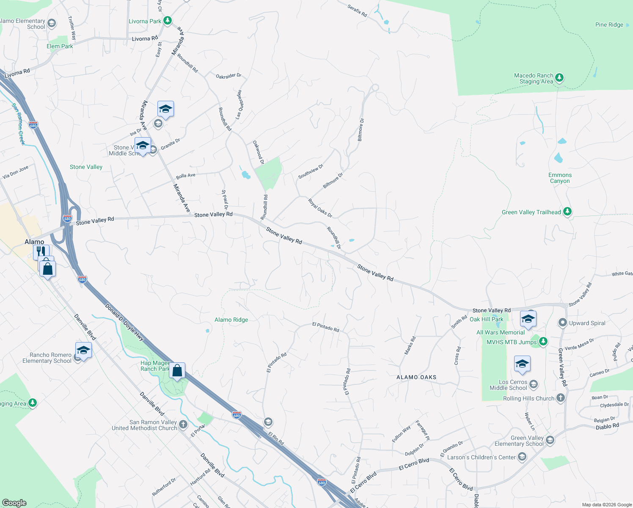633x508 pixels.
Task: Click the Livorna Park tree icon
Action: (x=168, y=20)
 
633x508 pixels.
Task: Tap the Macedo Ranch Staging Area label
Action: (x=534, y=78)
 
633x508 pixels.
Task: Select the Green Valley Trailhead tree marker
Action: (x=567, y=212)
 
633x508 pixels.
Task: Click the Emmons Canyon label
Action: (x=560, y=178)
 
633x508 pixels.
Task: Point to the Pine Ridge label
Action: (x=609, y=25)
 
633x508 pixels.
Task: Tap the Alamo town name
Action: (x=34, y=242)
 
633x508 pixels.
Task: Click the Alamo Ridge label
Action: (x=231, y=320)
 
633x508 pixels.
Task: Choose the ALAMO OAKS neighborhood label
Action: (x=416, y=377)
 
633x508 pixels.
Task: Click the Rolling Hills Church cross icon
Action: (x=560, y=398)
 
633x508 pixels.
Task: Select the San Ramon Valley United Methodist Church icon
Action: (x=183, y=424)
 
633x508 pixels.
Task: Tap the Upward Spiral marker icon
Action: (x=562, y=323)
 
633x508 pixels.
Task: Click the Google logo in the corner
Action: (x=14, y=502)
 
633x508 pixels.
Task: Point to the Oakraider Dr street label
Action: (x=228, y=76)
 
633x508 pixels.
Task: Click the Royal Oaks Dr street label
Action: (x=320, y=208)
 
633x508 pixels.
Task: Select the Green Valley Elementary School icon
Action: (x=550, y=440)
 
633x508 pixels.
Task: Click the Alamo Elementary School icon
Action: (x=52, y=23)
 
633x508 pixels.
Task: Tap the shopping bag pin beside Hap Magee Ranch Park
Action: (x=177, y=371)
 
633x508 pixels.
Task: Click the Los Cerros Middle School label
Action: (x=508, y=385)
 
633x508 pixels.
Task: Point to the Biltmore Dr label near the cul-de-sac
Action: (x=361, y=130)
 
